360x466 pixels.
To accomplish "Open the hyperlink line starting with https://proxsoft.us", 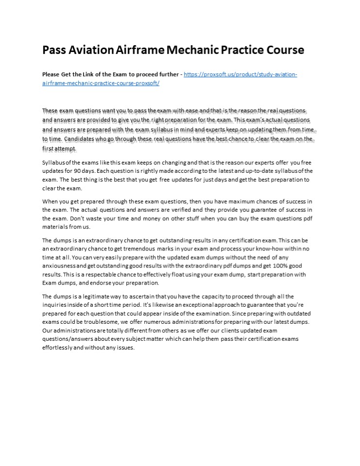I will click(240, 75).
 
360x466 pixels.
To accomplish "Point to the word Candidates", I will click(83, 139).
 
